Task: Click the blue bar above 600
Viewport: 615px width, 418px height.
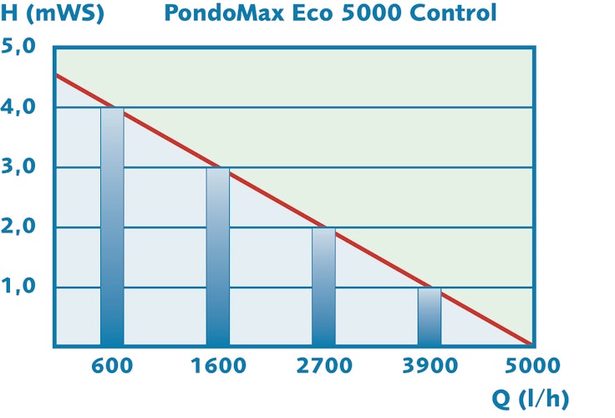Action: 112,227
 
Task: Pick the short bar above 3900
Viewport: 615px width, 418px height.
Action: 429,316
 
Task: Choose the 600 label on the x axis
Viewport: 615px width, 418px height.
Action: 112,365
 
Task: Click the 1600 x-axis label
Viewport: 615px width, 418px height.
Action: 218,365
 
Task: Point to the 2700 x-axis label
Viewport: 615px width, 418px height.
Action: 324,365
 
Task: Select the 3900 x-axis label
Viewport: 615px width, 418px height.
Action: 429,365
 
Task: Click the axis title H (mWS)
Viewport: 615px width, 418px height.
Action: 53,14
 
